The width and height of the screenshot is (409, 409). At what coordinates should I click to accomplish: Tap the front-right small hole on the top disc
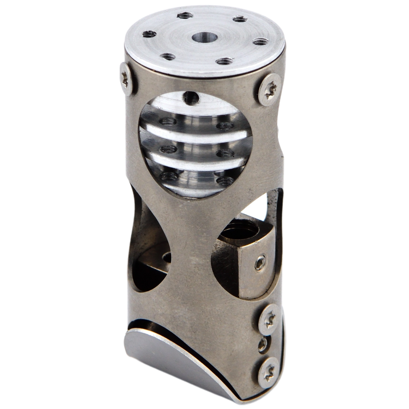coord(222,61)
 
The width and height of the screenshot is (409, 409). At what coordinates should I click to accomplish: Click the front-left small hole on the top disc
coord(165,57)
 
